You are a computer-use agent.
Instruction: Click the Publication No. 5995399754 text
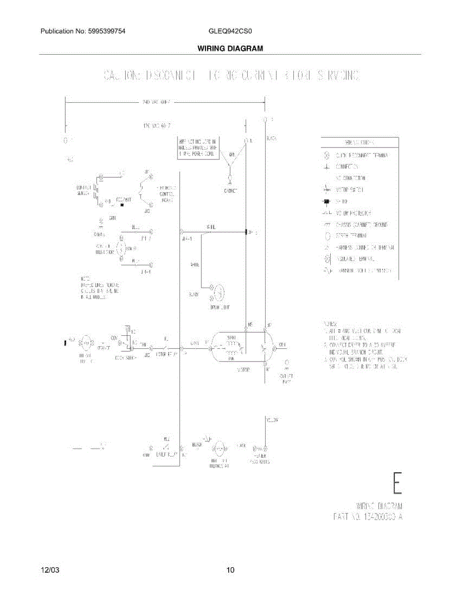pyautogui.click(x=83, y=31)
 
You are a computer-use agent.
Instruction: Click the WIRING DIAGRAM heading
pyautogui.click(x=230, y=49)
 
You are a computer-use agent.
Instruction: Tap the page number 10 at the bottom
pyautogui.click(x=230, y=570)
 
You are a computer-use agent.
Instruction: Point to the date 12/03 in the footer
pyautogui.click(x=48, y=570)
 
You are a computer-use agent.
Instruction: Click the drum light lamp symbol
pyautogui.click(x=217, y=294)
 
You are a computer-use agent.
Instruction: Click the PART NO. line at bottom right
pyautogui.click(x=367, y=517)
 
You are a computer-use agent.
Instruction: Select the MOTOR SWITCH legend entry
pyautogui.click(x=351, y=190)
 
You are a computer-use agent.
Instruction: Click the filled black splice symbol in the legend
pyautogui.click(x=327, y=201)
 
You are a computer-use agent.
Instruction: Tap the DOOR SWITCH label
pyautogui.click(x=126, y=357)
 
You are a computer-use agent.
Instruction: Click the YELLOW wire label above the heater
pyautogui.click(x=272, y=420)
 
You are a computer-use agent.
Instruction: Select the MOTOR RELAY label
pyautogui.click(x=167, y=355)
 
